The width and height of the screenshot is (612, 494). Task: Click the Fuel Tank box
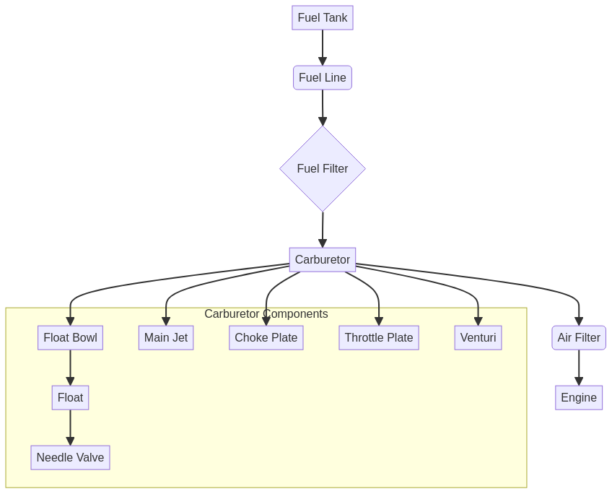[x=323, y=18]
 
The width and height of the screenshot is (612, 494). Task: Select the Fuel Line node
[x=323, y=78]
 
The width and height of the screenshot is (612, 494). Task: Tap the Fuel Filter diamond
[x=323, y=169]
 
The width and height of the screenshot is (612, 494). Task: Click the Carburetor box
[x=323, y=260]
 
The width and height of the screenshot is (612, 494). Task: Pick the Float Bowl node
[x=70, y=338]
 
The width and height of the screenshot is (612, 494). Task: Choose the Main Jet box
[x=166, y=338]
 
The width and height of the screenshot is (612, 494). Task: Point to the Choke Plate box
[x=266, y=338]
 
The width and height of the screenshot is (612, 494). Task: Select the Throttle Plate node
[x=379, y=338]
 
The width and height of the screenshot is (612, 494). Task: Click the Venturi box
[x=478, y=338]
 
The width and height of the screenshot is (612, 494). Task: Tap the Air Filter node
[x=579, y=338]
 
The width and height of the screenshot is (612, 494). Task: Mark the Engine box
[x=579, y=398]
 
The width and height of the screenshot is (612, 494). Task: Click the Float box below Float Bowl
[x=70, y=398]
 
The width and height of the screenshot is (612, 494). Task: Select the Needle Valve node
[x=70, y=458]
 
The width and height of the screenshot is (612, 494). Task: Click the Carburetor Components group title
[x=266, y=314]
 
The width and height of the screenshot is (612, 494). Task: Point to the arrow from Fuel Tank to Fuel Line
[x=323, y=48]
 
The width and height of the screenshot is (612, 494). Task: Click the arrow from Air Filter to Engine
[x=579, y=368]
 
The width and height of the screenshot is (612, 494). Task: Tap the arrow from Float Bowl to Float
[x=70, y=368]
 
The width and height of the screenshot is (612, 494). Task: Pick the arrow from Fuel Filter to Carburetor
[x=323, y=230]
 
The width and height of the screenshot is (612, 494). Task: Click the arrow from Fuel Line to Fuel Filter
[x=323, y=108]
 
